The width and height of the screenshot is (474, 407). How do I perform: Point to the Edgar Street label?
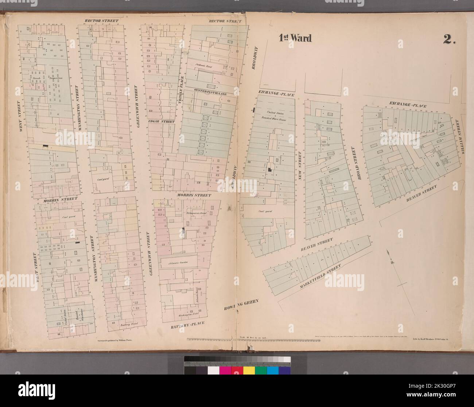click(161, 121)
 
